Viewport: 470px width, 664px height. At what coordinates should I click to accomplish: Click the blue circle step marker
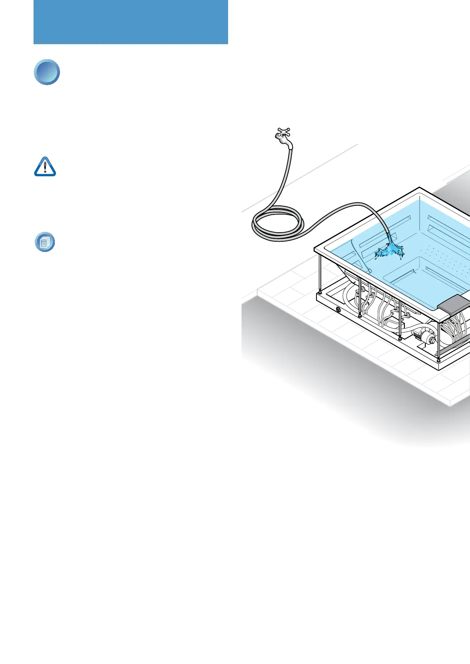[47, 72]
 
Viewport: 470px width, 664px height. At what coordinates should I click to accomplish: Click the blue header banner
[131, 22]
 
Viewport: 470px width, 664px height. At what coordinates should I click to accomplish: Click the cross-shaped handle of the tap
[284, 131]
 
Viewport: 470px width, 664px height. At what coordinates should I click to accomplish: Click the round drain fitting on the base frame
[338, 310]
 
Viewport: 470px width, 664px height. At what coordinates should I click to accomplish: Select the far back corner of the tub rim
[419, 187]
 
